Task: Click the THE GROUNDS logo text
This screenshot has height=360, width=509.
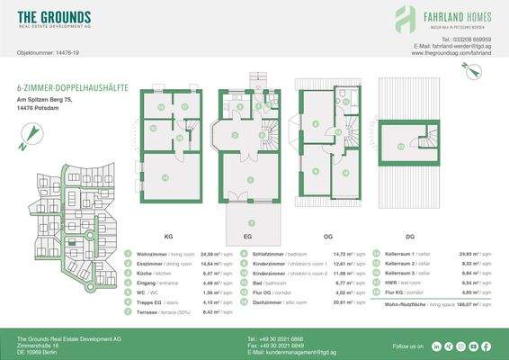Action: tap(54, 17)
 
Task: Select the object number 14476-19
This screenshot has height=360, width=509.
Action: tap(65, 54)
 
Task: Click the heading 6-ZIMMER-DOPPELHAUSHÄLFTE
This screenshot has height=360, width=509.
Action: tap(72, 87)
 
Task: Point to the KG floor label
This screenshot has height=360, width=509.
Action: tap(168, 237)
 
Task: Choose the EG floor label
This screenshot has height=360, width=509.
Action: tap(245, 237)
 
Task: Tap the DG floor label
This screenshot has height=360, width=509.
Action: tap(410, 237)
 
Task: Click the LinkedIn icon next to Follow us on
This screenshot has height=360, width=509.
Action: tap(436, 346)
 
